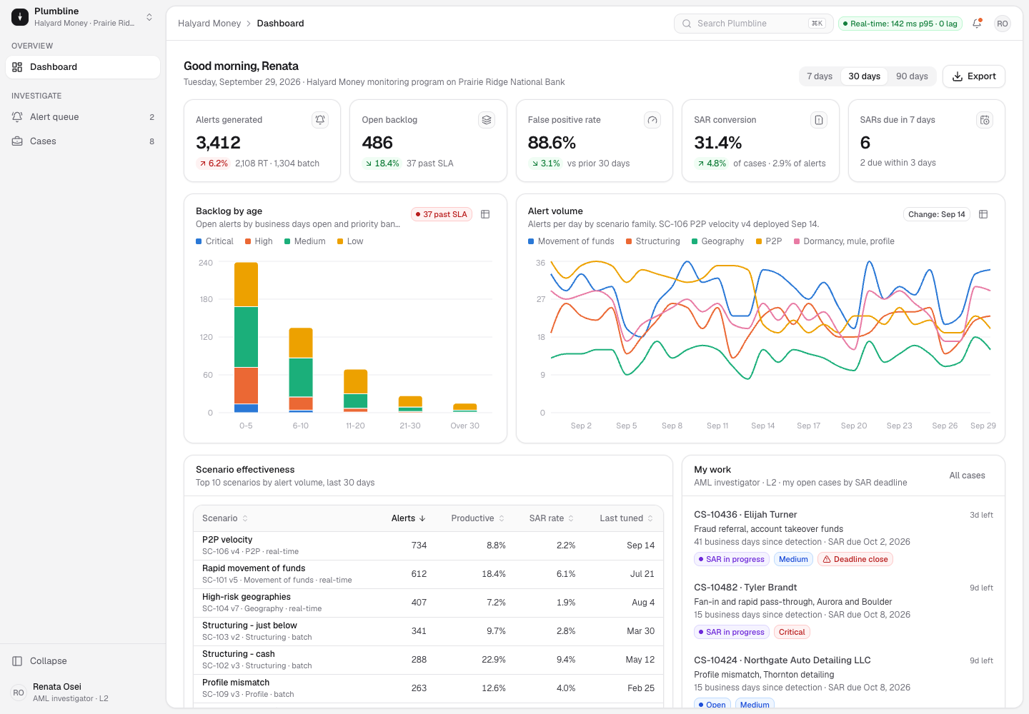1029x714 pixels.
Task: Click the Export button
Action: click(973, 76)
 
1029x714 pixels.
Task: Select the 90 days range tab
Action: click(911, 76)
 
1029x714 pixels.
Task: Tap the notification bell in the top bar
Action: click(977, 24)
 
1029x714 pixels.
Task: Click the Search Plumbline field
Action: click(753, 24)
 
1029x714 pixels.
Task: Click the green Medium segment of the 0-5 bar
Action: click(246, 337)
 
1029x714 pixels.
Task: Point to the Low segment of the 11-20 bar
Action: click(356, 381)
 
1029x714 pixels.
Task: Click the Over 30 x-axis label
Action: click(464, 426)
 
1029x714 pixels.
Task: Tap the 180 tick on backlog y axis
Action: click(206, 299)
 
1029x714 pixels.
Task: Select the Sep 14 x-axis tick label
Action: click(762, 426)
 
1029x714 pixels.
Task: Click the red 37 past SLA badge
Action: click(441, 214)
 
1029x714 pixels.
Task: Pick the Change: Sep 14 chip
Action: click(936, 214)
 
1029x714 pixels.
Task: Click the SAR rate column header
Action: click(551, 518)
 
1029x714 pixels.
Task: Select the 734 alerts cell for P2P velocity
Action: click(419, 545)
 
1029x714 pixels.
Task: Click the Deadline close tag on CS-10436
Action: click(855, 559)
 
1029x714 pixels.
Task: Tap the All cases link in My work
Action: click(967, 476)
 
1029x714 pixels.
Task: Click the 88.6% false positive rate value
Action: click(551, 143)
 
